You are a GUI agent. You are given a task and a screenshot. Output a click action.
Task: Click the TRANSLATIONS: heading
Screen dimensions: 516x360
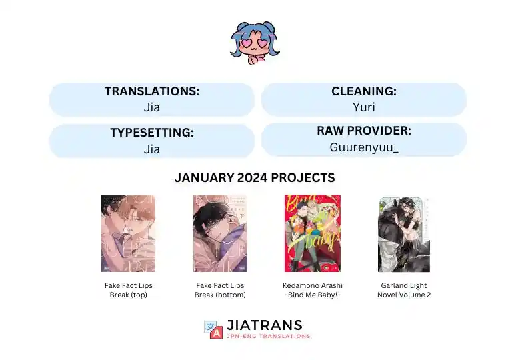pos(152,91)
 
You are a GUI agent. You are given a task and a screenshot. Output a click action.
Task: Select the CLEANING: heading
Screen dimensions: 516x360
pos(363,91)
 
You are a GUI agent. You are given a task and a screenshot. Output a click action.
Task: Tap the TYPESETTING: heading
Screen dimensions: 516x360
pos(152,132)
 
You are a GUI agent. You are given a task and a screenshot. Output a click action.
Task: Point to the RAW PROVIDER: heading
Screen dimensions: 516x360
pos(363,131)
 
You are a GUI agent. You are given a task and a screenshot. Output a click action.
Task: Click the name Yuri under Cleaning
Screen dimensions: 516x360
pos(363,107)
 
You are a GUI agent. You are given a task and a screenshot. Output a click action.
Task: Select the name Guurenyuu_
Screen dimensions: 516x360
pos(363,147)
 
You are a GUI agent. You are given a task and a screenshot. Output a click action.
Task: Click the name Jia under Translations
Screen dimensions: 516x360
pos(152,107)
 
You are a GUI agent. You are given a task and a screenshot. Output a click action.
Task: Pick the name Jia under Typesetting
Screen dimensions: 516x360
pos(152,149)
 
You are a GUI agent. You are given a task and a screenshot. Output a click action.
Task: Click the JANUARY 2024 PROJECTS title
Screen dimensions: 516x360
pos(255,178)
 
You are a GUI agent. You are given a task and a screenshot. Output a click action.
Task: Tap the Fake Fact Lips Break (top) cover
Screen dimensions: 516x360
pos(129,233)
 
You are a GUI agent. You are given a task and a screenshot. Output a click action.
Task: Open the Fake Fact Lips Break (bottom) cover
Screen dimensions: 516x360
pos(220,233)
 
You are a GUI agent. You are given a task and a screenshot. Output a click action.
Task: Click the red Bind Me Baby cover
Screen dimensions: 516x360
pos(312,233)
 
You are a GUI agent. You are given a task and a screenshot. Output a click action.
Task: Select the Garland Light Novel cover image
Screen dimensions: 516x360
pos(404,234)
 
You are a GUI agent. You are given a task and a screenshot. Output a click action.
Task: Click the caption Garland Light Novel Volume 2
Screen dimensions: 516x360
pos(404,290)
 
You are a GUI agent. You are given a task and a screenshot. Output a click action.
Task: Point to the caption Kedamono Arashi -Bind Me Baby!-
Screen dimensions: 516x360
pos(312,290)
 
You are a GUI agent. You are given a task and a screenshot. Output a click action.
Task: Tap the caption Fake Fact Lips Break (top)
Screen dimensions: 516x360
pos(129,290)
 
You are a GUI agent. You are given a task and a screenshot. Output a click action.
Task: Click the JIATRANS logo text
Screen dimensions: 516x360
pos(265,325)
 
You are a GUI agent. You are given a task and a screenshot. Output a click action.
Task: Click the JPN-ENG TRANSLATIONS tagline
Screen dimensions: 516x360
pos(269,336)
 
